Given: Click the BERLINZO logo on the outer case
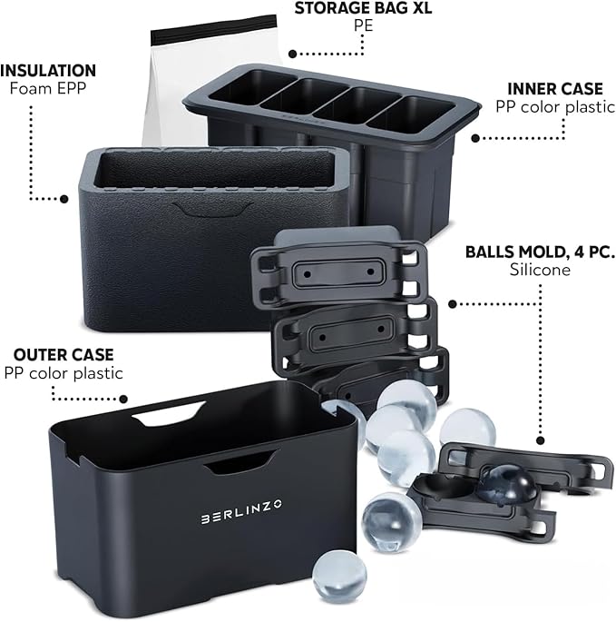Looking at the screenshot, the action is point(241,511).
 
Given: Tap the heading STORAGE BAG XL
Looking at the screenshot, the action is point(363,8).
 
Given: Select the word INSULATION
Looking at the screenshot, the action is point(48,71).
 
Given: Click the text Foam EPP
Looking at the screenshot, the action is point(48,88).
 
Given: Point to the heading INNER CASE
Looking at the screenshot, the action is point(555,89).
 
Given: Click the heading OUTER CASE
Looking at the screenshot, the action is point(64,355).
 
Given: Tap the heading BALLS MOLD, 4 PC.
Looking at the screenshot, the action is point(540,252).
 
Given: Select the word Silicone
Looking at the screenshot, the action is point(540,270).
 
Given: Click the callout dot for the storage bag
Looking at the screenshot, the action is point(292,54).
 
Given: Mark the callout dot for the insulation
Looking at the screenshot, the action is point(64,199).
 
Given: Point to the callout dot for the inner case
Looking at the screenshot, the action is point(475,138).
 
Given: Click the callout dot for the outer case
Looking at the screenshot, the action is point(123,399).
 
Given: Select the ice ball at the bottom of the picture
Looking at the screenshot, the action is point(339,578).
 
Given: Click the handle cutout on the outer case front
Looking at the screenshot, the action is point(241,462).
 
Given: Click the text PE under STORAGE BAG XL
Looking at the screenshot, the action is point(363,25).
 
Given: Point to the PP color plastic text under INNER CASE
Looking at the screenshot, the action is point(555,107).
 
